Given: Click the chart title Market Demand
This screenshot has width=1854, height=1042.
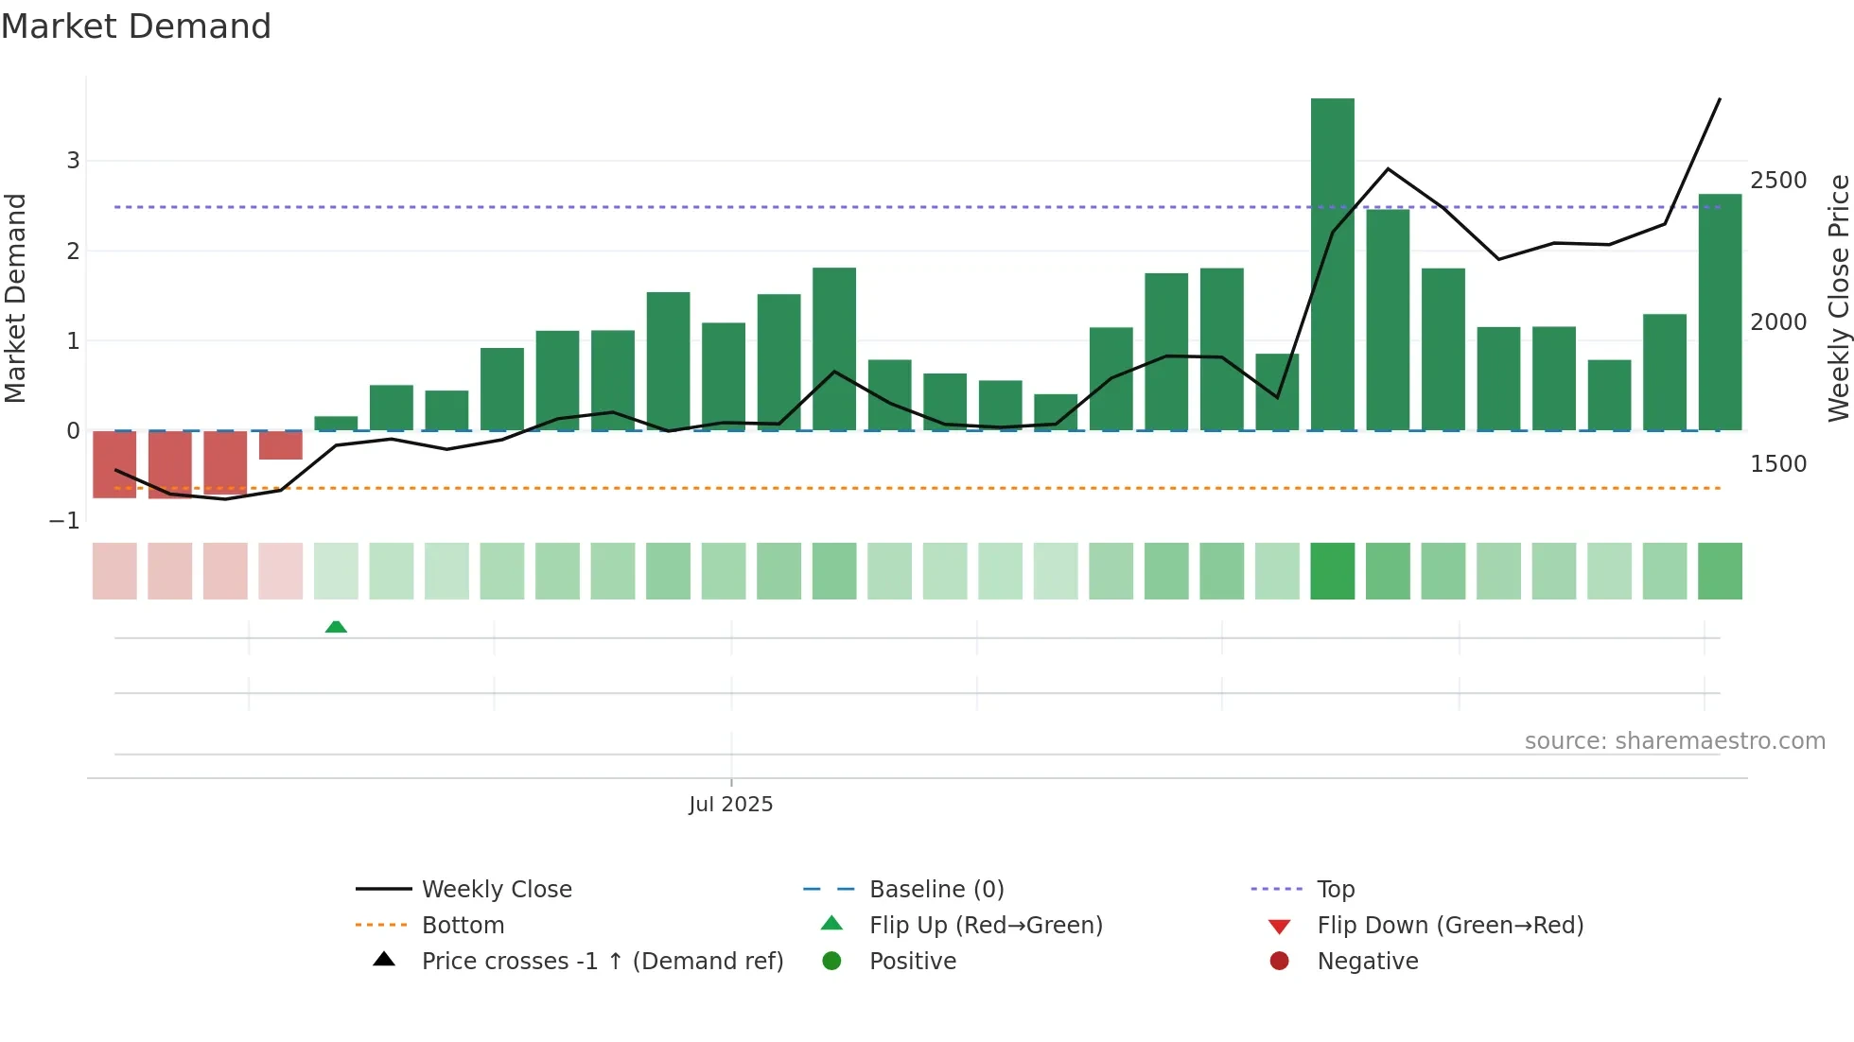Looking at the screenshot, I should click(x=136, y=26).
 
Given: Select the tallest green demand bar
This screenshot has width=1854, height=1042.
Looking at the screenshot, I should click(x=1332, y=265).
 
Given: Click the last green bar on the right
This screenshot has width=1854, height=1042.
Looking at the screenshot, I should click(x=1720, y=312).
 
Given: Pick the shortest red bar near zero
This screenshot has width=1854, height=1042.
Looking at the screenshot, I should click(x=281, y=445).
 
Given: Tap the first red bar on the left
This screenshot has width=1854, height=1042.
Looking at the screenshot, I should click(x=114, y=464).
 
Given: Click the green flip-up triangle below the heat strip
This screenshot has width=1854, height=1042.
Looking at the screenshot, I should click(x=336, y=627).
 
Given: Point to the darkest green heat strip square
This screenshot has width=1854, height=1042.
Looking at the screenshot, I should click(x=1332, y=571).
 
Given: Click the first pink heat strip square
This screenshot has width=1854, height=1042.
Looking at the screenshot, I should click(x=114, y=571).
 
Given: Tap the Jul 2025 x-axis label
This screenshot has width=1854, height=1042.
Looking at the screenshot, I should click(x=730, y=805).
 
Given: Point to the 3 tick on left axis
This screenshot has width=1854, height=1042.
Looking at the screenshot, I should click(x=73, y=161).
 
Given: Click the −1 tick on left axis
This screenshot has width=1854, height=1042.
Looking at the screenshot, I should click(x=64, y=521).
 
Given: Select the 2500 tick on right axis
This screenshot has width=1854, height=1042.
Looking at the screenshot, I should click(x=1778, y=181).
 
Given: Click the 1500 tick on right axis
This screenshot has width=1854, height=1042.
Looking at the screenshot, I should click(x=1778, y=464).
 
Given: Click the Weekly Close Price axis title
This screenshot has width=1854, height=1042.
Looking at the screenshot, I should click(x=1838, y=298).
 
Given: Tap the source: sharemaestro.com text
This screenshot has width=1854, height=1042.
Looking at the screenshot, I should click(x=1674, y=741).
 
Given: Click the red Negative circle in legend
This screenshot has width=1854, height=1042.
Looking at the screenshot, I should click(x=1279, y=962).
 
